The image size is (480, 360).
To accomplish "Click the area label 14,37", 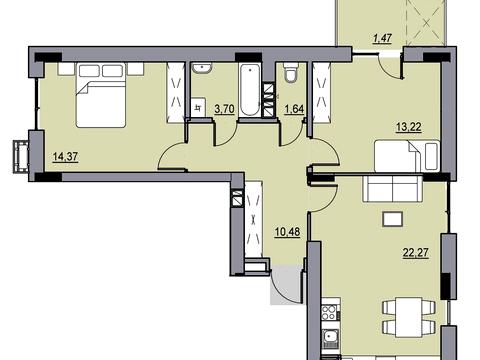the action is [66, 156].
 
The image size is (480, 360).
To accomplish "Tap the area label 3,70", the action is [225, 109].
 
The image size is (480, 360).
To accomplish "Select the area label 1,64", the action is [294, 109].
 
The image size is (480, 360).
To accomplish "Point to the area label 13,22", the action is [409, 127].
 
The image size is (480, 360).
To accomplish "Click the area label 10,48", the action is [287, 232].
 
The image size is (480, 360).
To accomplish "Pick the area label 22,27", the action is [416, 253].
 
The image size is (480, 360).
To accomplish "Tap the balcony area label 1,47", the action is [382, 39].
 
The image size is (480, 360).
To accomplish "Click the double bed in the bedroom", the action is [101, 95].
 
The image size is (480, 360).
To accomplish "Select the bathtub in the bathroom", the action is [250, 90].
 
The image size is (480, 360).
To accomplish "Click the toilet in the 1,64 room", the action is [290, 72].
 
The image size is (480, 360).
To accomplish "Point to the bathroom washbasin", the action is [201, 68].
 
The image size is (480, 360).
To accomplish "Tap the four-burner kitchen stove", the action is [330, 312].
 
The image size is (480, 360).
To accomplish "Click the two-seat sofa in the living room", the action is [393, 188].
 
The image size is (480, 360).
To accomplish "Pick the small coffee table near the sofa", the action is [393, 220].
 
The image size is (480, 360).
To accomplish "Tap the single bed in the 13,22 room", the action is [407, 156].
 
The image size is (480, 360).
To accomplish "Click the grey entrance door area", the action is [287, 284].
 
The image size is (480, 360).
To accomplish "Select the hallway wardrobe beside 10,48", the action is [254, 219].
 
